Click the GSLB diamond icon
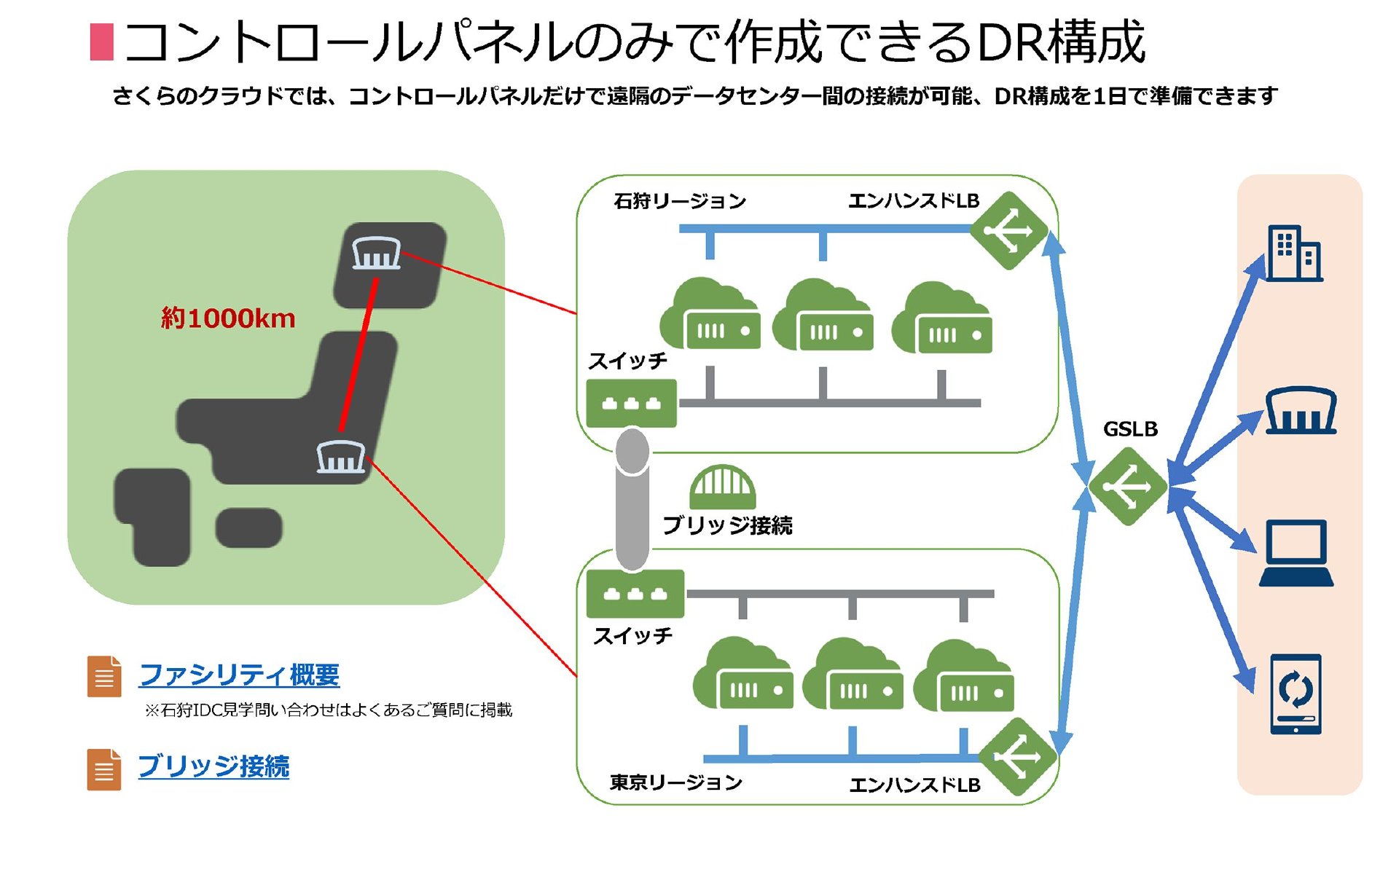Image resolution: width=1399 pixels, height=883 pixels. coord(1127,486)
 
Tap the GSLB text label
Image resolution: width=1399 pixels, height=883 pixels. coord(1130,429)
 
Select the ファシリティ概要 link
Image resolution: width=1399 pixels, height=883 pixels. coord(239,675)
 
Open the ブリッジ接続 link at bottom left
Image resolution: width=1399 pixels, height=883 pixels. coord(213,766)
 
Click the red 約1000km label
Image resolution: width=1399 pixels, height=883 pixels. coord(228,318)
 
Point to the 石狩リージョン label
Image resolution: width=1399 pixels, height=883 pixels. coord(680,200)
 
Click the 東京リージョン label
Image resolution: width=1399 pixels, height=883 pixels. coord(676,782)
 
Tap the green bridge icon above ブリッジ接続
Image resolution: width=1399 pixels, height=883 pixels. coord(723,486)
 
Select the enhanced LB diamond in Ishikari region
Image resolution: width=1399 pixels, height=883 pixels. coord(1008,230)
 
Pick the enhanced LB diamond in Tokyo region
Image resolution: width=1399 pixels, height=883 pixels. coord(1017,757)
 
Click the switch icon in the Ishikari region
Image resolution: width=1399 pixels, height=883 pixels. coord(631,403)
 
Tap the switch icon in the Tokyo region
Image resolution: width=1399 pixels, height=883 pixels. coord(635,593)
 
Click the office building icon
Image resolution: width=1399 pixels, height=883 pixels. coord(1295,253)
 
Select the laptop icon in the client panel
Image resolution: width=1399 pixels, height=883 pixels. coord(1297,553)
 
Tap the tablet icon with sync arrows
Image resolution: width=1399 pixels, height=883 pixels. coord(1296,694)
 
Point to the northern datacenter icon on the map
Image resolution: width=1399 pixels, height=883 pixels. coord(376,253)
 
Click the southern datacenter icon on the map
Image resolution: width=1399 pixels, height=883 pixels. coord(341,457)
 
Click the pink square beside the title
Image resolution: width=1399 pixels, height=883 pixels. coord(102,42)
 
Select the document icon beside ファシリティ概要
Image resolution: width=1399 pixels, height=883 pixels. coord(104,677)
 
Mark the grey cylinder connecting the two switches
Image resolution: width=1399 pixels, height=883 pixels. coord(632,499)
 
